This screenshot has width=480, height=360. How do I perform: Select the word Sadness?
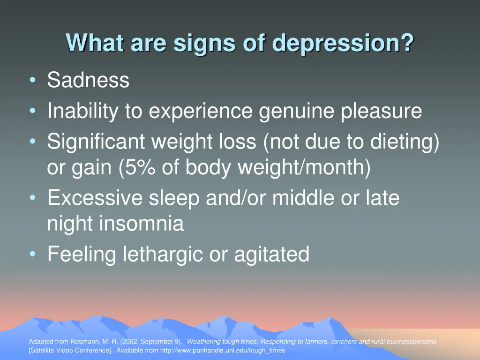click(88, 80)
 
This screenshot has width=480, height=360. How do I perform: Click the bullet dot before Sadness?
click(32, 80)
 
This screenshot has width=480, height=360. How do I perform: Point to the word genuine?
click(297, 112)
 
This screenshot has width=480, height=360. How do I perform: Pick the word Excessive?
click(95, 198)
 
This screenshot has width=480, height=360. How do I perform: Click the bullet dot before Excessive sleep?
click(32, 198)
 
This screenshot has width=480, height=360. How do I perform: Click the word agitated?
click(272, 255)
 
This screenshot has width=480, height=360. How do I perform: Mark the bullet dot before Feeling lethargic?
click(32, 255)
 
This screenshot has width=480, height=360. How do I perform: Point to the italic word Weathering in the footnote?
click(203, 342)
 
